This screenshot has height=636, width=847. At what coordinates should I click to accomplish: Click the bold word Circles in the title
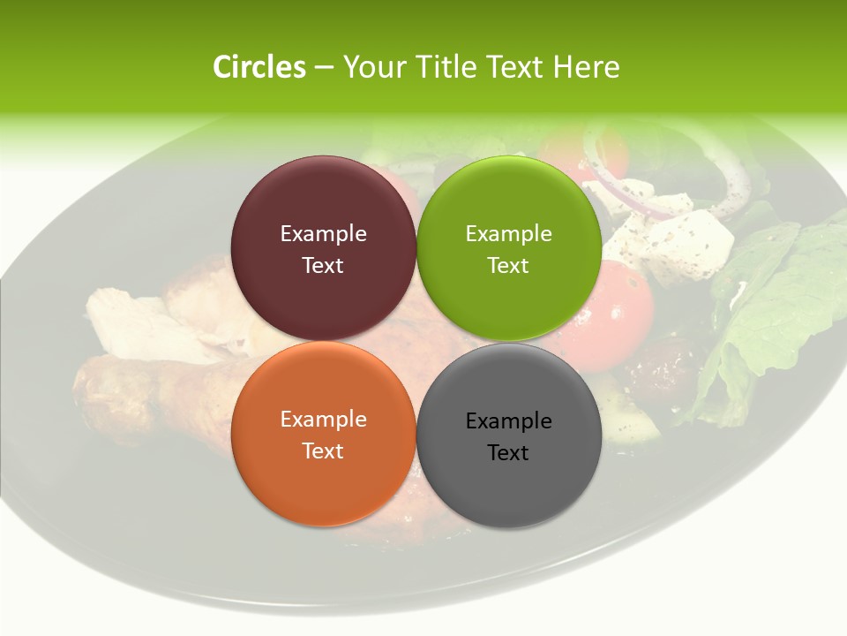[259, 67]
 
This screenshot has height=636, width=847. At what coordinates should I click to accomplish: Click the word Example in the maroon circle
[323, 234]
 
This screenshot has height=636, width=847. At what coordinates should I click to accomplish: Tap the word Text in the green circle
[508, 266]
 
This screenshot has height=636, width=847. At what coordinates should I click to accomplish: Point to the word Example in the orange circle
[323, 420]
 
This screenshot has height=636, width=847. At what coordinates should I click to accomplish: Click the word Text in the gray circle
[508, 453]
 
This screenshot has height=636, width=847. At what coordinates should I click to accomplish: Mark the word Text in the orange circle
[323, 451]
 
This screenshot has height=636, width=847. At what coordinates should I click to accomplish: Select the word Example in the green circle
[508, 234]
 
